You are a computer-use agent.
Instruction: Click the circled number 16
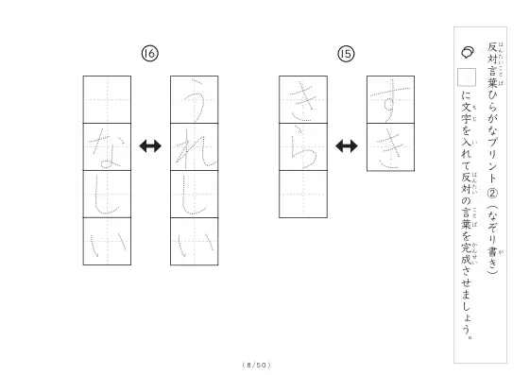(149, 54)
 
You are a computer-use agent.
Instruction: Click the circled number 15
(346, 54)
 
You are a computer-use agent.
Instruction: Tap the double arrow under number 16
(150, 146)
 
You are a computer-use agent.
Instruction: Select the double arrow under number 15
(347, 146)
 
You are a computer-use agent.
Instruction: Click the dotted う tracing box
(195, 100)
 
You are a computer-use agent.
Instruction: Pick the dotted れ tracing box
(195, 147)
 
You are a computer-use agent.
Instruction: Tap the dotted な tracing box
(107, 147)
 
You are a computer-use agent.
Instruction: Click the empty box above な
(107, 100)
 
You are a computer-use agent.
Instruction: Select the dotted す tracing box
(391, 100)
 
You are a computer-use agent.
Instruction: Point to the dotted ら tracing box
(303, 147)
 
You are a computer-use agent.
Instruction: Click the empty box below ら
(303, 195)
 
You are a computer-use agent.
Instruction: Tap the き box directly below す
(391, 147)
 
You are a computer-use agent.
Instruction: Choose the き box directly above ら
(303, 100)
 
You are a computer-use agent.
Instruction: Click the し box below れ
(195, 195)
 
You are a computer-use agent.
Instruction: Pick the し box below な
(107, 195)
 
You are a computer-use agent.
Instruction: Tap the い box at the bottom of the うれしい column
(195, 242)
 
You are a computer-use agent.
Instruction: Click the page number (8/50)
(257, 365)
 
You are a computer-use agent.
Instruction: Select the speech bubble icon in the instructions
(468, 52)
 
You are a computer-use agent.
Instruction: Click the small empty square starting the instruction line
(467, 77)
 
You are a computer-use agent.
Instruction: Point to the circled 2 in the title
(492, 194)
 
